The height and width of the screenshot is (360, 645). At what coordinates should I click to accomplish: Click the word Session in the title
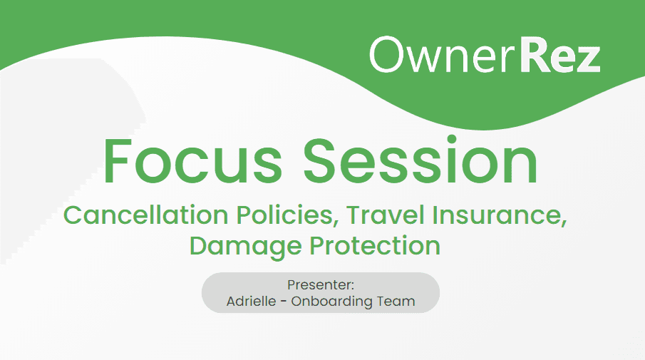click(x=420, y=160)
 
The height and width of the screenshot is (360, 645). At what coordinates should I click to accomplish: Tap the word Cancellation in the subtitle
click(x=145, y=215)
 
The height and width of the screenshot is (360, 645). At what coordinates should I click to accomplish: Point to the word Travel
click(x=385, y=215)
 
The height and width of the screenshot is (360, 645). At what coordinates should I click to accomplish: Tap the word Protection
click(x=375, y=246)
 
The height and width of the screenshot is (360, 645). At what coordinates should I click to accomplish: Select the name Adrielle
click(x=252, y=301)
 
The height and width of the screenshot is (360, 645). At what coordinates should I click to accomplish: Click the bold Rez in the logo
click(x=560, y=55)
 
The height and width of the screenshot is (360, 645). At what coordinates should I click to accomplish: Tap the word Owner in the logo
click(x=443, y=55)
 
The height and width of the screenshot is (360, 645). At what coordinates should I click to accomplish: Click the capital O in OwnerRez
click(x=387, y=55)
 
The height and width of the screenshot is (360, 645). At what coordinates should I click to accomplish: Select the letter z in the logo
click(x=588, y=60)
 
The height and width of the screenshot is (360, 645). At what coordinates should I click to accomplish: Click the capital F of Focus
click(x=118, y=161)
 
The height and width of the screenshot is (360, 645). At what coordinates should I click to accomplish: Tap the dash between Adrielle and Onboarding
click(x=284, y=302)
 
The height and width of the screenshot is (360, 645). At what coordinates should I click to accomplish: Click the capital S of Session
click(x=321, y=161)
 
